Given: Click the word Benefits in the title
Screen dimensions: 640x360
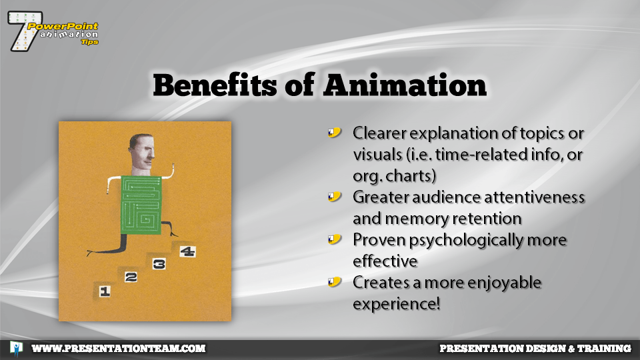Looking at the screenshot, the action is pyautogui.click(x=215, y=85).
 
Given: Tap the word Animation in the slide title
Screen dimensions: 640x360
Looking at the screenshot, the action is pyautogui.click(x=405, y=85).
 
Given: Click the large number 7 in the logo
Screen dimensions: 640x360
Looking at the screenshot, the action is pyautogui.click(x=24, y=31).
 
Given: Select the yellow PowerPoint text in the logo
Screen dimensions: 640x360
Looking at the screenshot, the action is pyautogui.click(x=63, y=27).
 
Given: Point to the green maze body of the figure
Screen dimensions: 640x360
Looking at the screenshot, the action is pyautogui.click(x=141, y=205).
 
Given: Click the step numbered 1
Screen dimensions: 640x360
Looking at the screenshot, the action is pyautogui.click(x=105, y=291).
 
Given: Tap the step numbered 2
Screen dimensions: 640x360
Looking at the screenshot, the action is pyautogui.click(x=131, y=277).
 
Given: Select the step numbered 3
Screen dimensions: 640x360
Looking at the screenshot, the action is pyautogui.click(x=159, y=264).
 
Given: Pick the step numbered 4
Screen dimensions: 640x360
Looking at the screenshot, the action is pyautogui.click(x=187, y=251).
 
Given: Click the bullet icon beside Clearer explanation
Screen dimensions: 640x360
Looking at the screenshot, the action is pyautogui.click(x=334, y=133).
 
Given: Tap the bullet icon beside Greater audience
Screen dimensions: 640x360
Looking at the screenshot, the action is pyautogui.click(x=334, y=197).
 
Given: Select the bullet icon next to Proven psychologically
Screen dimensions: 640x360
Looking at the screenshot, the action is pyautogui.click(x=334, y=239).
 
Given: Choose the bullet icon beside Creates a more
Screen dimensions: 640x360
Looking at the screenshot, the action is pyautogui.click(x=334, y=282).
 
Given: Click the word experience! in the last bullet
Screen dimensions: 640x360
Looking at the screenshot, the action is pyautogui.click(x=396, y=305).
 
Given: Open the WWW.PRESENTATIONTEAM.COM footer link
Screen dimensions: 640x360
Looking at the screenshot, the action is pyautogui.click(x=119, y=348).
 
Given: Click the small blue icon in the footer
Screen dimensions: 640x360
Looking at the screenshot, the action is pyautogui.click(x=16, y=349).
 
